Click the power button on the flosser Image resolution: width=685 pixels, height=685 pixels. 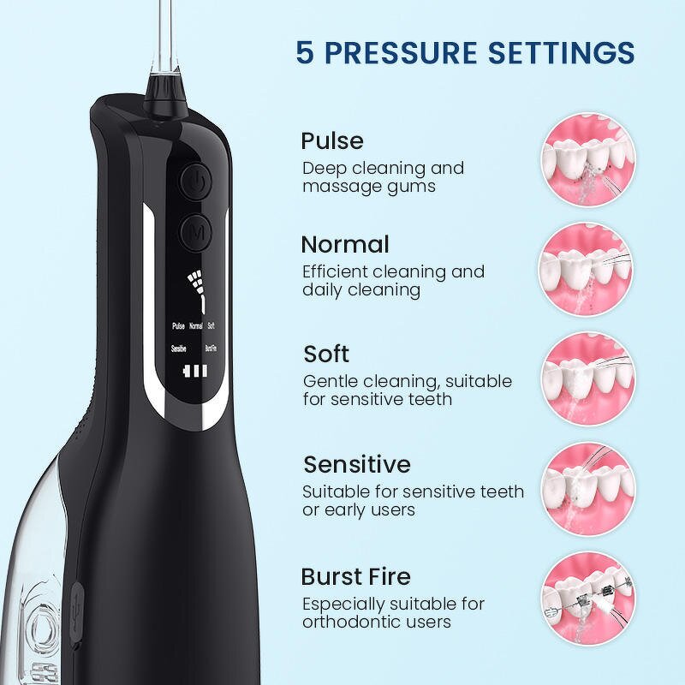[197, 182]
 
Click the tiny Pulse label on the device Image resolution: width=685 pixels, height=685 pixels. [178, 325]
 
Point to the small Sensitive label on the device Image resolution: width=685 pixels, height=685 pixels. [179, 349]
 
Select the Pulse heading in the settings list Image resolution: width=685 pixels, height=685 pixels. [332, 140]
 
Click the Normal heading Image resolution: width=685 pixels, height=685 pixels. [344, 245]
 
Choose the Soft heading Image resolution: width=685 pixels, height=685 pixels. [326, 354]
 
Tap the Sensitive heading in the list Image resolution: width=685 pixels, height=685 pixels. [356, 464]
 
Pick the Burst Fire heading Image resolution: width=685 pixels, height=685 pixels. [355, 575]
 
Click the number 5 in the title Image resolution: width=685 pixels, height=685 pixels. [305, 52]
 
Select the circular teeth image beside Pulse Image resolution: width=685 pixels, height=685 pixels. [587, 161]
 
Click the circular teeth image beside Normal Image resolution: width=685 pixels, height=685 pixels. [587, 268]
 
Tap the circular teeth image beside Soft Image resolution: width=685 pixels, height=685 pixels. [587, 377]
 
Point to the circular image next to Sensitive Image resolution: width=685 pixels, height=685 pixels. [587, 486]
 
